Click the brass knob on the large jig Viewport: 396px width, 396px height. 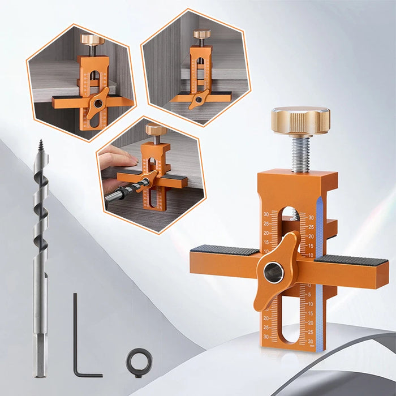300,120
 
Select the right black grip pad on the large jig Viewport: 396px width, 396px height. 351,260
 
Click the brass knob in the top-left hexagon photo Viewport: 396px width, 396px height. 92,40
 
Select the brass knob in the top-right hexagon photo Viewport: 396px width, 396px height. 202,34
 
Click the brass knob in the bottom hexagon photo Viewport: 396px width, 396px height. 156,130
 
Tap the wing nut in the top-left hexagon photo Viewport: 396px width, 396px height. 97,103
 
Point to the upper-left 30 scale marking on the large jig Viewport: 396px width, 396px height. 266,214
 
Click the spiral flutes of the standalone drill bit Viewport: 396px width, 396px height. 41,215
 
